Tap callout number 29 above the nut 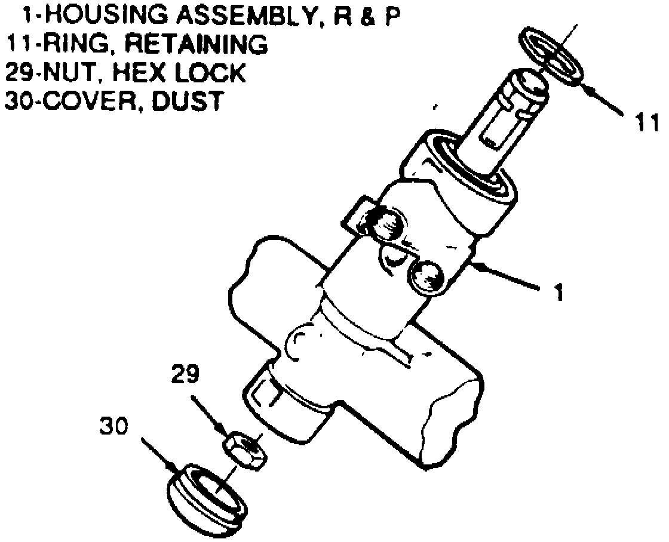pyautogui.click(x=185, y=375)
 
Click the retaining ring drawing pyautogui.click(x=550, y=58)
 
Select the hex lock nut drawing pyautogui.click(x=245, y=449)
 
